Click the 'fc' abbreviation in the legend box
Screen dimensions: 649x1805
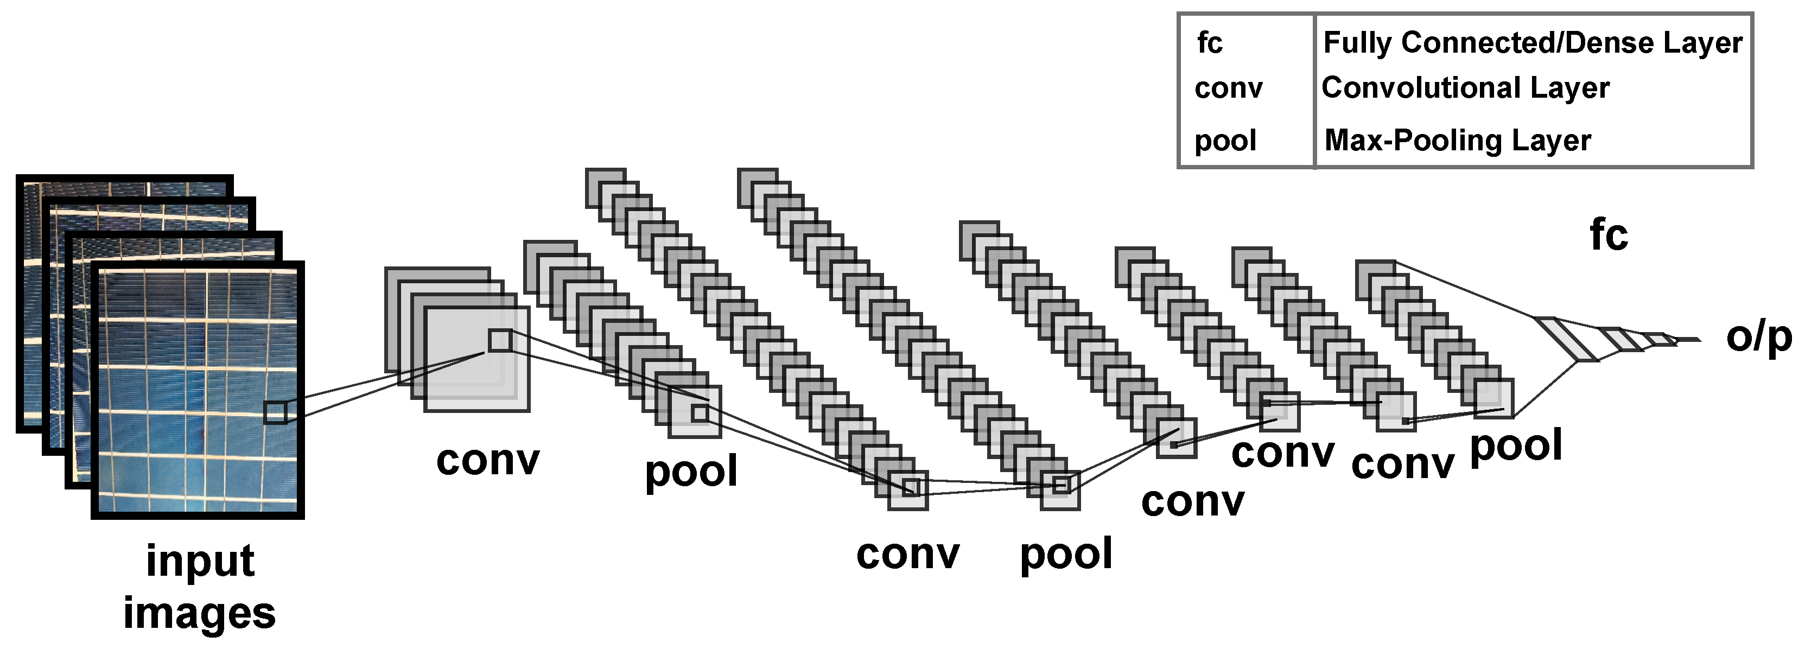click(x=1210, y=43)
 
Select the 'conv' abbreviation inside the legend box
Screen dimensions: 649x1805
click(x=1228, y=88)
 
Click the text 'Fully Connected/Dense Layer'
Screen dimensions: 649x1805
click(x=1531, y=43)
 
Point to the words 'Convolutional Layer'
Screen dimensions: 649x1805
click(x=1465, y=88)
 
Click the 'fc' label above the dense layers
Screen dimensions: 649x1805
click(x=1609, y=235)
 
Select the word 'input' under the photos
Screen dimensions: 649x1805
click(x=200, y=562)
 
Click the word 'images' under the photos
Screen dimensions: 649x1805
click(x=200, y=613)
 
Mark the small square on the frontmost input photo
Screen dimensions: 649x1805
click(x=275, y=412)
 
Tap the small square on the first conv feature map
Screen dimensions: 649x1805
click(x=500, y=341)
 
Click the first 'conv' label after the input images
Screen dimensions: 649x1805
click(x=488, y=461)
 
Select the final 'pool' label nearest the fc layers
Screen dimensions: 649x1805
click(x=1516, y=446)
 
